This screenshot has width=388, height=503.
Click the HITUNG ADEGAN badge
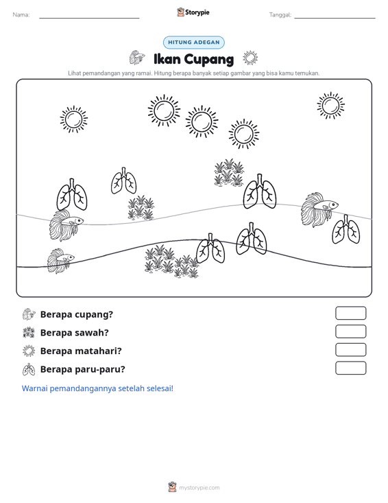click(193, 43)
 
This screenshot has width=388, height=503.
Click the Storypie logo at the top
click(193, 12)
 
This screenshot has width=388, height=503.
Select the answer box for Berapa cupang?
click(350, 313)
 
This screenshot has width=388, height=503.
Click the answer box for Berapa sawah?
click(350, 331)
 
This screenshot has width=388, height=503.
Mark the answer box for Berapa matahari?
click(350, 350)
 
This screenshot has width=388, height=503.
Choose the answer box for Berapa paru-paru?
click(350, 368)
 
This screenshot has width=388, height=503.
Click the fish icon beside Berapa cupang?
click(29, 314)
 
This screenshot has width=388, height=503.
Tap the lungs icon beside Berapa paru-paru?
click(29, 369)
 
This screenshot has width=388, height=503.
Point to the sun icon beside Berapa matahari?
click(29, 351)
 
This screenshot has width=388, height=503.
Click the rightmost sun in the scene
click(330, 106)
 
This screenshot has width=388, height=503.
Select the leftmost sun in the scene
click(73, 119)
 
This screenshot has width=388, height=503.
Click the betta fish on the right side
click(319, 209)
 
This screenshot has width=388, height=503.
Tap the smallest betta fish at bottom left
click(60, 261)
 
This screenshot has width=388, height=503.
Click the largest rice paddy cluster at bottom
click(172, 261)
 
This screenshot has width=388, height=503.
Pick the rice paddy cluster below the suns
click(229, 172)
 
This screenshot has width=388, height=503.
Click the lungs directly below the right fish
click(345, 230)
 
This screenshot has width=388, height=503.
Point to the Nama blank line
click(89, 18)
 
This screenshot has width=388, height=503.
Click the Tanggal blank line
click(335, 18)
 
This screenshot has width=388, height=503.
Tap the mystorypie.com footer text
click(199, 488)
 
